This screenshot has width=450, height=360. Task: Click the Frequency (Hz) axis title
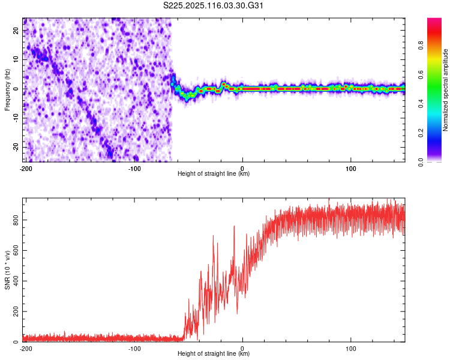coord(7,90)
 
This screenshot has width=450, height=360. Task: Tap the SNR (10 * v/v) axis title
coord(7,270)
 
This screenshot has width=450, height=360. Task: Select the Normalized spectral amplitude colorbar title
coord(445,90)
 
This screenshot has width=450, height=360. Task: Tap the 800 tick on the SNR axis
coord(14,220)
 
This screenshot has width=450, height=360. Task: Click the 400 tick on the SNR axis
coord(14,281)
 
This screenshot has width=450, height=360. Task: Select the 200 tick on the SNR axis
coord(14,311)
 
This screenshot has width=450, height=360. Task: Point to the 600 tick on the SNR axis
coord(14,251)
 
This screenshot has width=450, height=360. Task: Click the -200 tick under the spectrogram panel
coord(26,169)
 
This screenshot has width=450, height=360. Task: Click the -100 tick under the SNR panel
coord(134,349)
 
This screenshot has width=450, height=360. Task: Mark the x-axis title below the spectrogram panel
coord(214,174)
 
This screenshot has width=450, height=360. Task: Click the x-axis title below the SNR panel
coord(214,354)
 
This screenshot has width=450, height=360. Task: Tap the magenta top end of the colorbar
coord(434,20)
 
